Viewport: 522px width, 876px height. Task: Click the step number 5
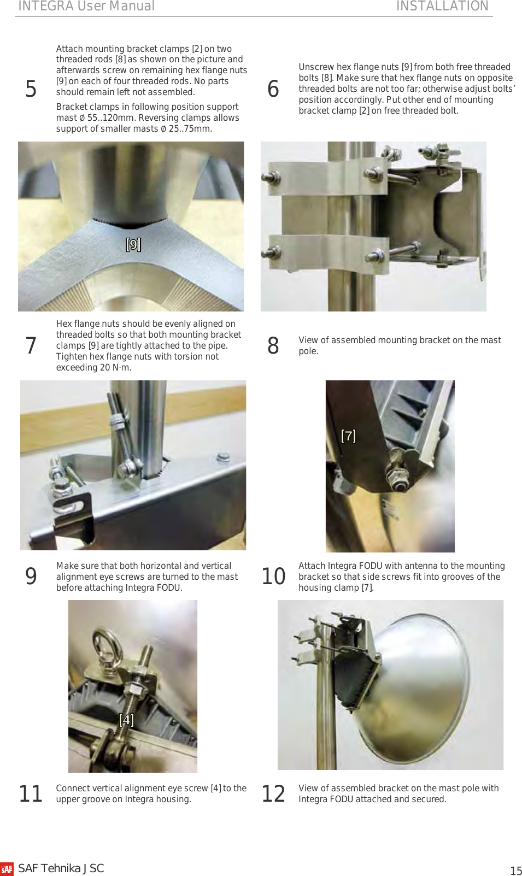tap(31, 89)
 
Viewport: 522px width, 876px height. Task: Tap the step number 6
tap(273, 89)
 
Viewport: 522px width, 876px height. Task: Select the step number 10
tap(273, 577)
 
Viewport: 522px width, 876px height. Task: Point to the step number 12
tap(273, 794)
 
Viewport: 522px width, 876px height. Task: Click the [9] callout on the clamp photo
tap(133, 244)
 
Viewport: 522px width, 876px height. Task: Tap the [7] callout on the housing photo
tap(348, 436)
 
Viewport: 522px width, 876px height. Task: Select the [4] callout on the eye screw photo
tap(126, 720)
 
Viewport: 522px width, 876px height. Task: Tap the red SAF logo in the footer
tap(7, 869)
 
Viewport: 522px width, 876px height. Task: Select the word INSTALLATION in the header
tap(442, 6)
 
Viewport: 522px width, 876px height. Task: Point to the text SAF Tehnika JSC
tap(61, 868)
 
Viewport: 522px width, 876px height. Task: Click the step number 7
tap(31, 346)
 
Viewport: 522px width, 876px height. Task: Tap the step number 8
tap(273, 346)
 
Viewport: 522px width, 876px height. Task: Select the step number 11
tap(31, 794)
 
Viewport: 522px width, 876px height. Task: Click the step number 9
tap(31, 577)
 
